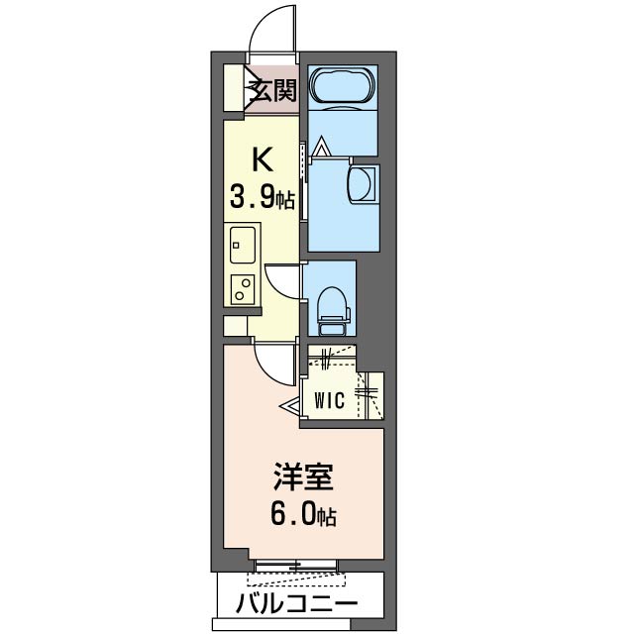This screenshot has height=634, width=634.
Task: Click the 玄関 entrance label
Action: tap(272, 92)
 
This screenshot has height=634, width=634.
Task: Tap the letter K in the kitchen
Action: tap(262, 158)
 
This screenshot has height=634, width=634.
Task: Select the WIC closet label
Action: tap(329, 401)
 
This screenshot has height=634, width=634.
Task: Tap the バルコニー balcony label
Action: tap(296, 604)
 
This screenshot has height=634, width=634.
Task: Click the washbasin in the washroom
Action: tap(364, 184)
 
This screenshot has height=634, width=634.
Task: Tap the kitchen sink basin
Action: tap(242, 241)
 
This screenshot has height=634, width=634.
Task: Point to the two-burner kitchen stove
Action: tap(241, 287)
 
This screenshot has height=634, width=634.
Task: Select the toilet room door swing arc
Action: tap(282, 278)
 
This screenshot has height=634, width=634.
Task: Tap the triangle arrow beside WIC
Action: tap(291, 405)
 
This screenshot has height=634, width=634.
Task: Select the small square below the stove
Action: tap(234, 326)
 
